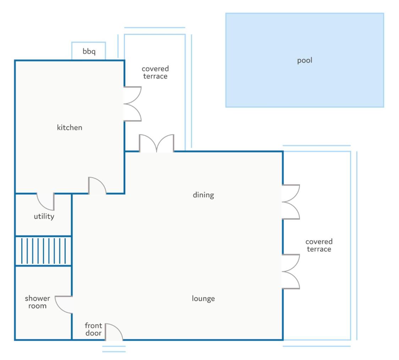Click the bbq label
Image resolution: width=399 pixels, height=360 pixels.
point(89,52)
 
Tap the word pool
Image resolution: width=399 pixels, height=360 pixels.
point(305,60)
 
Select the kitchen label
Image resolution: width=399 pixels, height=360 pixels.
point(70,127)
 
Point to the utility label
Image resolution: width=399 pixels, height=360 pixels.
point(44,216)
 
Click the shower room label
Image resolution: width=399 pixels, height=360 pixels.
point(37,302)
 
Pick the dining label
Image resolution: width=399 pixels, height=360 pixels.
point(203,195)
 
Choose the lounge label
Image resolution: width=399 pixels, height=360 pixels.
point(203,299)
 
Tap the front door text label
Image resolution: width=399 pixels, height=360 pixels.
point(93,329)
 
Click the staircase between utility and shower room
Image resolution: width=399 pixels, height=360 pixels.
point(44,251)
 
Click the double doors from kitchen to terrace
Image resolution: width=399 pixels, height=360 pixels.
point(132,104)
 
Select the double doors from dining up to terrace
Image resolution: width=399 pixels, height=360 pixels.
point(157,143)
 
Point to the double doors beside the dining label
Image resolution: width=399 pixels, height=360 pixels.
point(291,202)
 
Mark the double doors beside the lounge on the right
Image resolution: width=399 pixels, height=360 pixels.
point(291,272)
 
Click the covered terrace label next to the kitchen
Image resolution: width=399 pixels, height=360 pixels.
point(155,72)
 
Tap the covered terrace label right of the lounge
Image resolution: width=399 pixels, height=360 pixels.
point(319,245)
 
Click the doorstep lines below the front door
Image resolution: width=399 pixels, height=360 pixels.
point(114,349)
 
